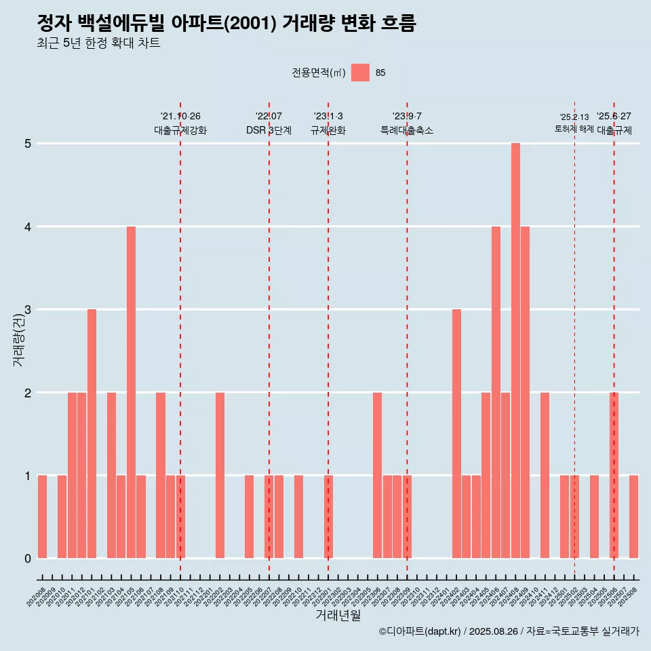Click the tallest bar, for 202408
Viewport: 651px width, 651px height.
pos(515,351)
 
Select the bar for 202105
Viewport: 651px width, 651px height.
pos(131,392)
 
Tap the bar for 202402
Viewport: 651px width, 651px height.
pos(456,433)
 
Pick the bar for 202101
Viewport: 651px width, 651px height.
pos(92,433)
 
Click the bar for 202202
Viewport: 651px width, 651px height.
pos(220,475)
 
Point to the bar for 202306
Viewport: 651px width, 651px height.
pos(377,475)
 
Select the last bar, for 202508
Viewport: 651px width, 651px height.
pos(633,517)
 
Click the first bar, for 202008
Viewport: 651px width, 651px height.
pos(42,517)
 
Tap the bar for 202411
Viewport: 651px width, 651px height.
pos(545,475)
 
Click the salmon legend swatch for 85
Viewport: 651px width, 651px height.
pos(360,73)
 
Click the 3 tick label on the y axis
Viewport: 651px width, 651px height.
pos(28,310)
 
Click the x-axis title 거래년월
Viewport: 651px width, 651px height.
pos(338,615)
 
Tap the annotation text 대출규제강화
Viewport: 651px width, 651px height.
pos(180,130)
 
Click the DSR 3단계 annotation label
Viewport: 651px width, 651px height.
pos(269,130)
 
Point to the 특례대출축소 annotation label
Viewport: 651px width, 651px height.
pos(407,130)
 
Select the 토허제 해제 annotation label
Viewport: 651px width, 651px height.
pos(574,129)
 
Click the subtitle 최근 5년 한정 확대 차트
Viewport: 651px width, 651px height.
pos(99,43)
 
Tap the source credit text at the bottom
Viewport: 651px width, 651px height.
pos(509,631)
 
